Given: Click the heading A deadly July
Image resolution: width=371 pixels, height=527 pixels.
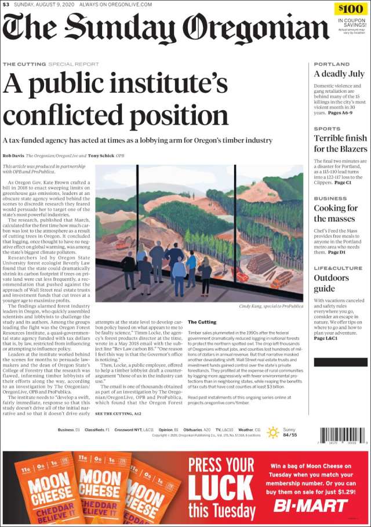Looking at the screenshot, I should [339, 74].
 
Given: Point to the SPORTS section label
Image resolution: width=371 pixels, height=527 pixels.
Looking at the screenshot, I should [327, 129].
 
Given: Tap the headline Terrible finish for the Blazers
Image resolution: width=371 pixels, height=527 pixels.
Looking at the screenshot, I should [340, 143].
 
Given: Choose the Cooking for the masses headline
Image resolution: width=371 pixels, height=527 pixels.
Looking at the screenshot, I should [336, 213].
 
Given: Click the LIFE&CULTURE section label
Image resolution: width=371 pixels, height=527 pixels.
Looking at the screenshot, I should [338, 268].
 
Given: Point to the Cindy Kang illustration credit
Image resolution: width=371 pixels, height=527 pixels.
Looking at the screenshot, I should [272, 306].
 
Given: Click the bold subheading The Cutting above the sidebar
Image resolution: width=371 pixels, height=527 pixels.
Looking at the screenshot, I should [202, 322].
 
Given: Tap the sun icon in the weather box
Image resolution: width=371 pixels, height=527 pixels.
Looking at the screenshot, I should [272, 432].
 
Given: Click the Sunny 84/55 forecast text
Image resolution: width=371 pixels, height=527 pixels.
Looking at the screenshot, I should [290, 432].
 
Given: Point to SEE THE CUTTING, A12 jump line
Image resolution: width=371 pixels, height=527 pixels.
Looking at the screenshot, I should [118, 413].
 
